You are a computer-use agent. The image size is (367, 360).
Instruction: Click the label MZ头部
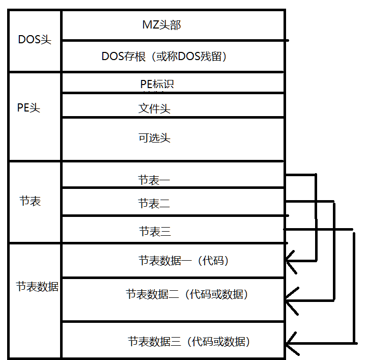pyautogui.click(x=161, y=24)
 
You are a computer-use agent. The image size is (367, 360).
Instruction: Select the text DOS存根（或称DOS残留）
pyautogui.click(x=164, y=57)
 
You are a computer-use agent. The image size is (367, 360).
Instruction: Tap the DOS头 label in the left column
pyautogui.click(x=35, y=40)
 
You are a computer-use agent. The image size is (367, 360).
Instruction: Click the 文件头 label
pyautogui.click(x=154, y=108)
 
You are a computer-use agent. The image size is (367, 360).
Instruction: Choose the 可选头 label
pyautogui.click(x=154, y=137)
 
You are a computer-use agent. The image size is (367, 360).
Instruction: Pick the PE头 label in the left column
pyautogui.click(x=29, y=107)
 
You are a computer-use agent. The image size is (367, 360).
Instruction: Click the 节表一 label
pyautogui.click(x=154, y=180)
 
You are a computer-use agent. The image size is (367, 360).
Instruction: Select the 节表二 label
pyautogui.click(x=154, y=204)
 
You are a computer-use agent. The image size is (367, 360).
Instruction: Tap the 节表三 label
pyautogui.click(x=155, y=232)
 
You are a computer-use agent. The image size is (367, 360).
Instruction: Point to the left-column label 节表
pyautogui.click(x=30, y=201)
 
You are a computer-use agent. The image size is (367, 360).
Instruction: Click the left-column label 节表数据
pyautogui.click(x=37, y=287)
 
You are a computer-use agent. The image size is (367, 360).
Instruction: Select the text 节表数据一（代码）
pyautogui.click(x=184, y=261)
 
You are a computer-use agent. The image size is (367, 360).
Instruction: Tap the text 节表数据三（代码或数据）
pyautogui.click(x=189, y=341)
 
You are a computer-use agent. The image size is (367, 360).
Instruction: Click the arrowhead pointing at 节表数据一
pyautogui.click(x=291, y=261)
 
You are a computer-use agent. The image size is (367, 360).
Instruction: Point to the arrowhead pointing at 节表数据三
pyautogui.click(x=291, y=342)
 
